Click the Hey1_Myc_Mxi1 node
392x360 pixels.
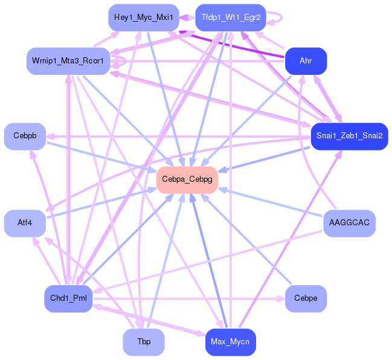point(144,18)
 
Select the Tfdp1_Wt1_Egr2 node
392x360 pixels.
point(231,18)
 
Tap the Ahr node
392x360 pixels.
point(306,61)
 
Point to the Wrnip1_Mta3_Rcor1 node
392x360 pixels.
point(68,61)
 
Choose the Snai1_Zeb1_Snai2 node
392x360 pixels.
point(350,137)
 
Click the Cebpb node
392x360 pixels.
point(25,137)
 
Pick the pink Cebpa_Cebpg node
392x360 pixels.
point(187,180)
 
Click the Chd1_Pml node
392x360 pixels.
point(68,298)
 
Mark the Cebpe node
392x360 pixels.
point(306,298)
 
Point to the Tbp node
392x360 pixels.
point(144,342)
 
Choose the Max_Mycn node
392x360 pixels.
point(231,342)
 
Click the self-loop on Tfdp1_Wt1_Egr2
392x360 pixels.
point(281,18)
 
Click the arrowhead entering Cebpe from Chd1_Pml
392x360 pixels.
point(281,298)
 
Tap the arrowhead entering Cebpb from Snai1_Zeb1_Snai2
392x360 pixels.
point(50,137)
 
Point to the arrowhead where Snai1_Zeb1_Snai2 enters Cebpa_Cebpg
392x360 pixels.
point(222,170)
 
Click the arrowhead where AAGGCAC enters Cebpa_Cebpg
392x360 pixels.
point(222,190)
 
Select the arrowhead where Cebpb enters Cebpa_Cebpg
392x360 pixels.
point(152,170)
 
